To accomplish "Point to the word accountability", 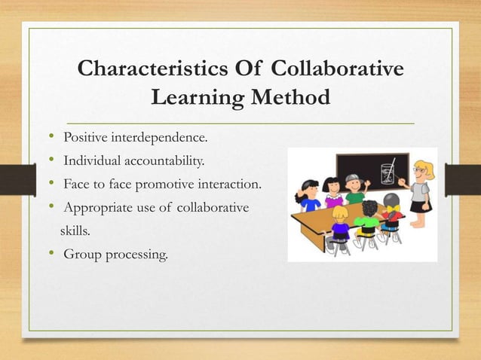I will [155, 160].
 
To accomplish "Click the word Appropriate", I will [95, 207].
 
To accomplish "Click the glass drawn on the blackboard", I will [388, 171].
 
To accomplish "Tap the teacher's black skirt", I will [419, 205].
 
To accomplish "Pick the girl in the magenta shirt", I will [332, 194].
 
